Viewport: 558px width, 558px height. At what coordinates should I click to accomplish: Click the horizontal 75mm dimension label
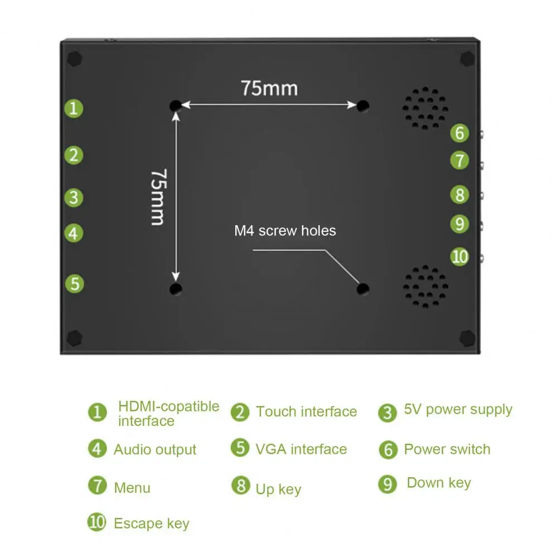[269, 88]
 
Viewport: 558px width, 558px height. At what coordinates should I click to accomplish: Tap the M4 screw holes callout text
[285, 231]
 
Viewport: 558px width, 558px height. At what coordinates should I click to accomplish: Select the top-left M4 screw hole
[176, 105]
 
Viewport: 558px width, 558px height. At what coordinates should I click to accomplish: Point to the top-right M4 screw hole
[363, 105]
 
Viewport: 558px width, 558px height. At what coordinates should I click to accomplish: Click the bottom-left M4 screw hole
[176, 289]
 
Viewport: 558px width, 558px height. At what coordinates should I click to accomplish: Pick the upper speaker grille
[425, 108]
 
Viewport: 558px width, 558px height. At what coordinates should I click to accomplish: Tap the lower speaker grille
[425, 286]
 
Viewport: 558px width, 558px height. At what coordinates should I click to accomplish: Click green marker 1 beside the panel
[74, 108]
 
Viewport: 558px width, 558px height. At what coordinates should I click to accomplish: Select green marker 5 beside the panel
[74, 284]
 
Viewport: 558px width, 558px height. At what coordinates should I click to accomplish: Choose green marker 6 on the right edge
[459, 133]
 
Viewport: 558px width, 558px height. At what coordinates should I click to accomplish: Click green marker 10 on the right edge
[460, 256]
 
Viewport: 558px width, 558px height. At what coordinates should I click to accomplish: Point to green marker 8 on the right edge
[459, 195]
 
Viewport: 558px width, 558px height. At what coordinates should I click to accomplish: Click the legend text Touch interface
[306, 412]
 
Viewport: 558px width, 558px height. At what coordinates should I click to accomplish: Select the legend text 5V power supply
[458, 410]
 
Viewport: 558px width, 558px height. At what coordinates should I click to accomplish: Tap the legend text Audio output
[155, 450]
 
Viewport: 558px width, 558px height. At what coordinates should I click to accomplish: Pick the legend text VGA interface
[301, 449]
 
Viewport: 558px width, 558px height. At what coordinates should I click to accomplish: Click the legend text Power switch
[447, 449]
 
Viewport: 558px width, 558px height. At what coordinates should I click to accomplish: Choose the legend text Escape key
[151, 524]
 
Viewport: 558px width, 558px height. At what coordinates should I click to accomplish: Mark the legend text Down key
[439, 483]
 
